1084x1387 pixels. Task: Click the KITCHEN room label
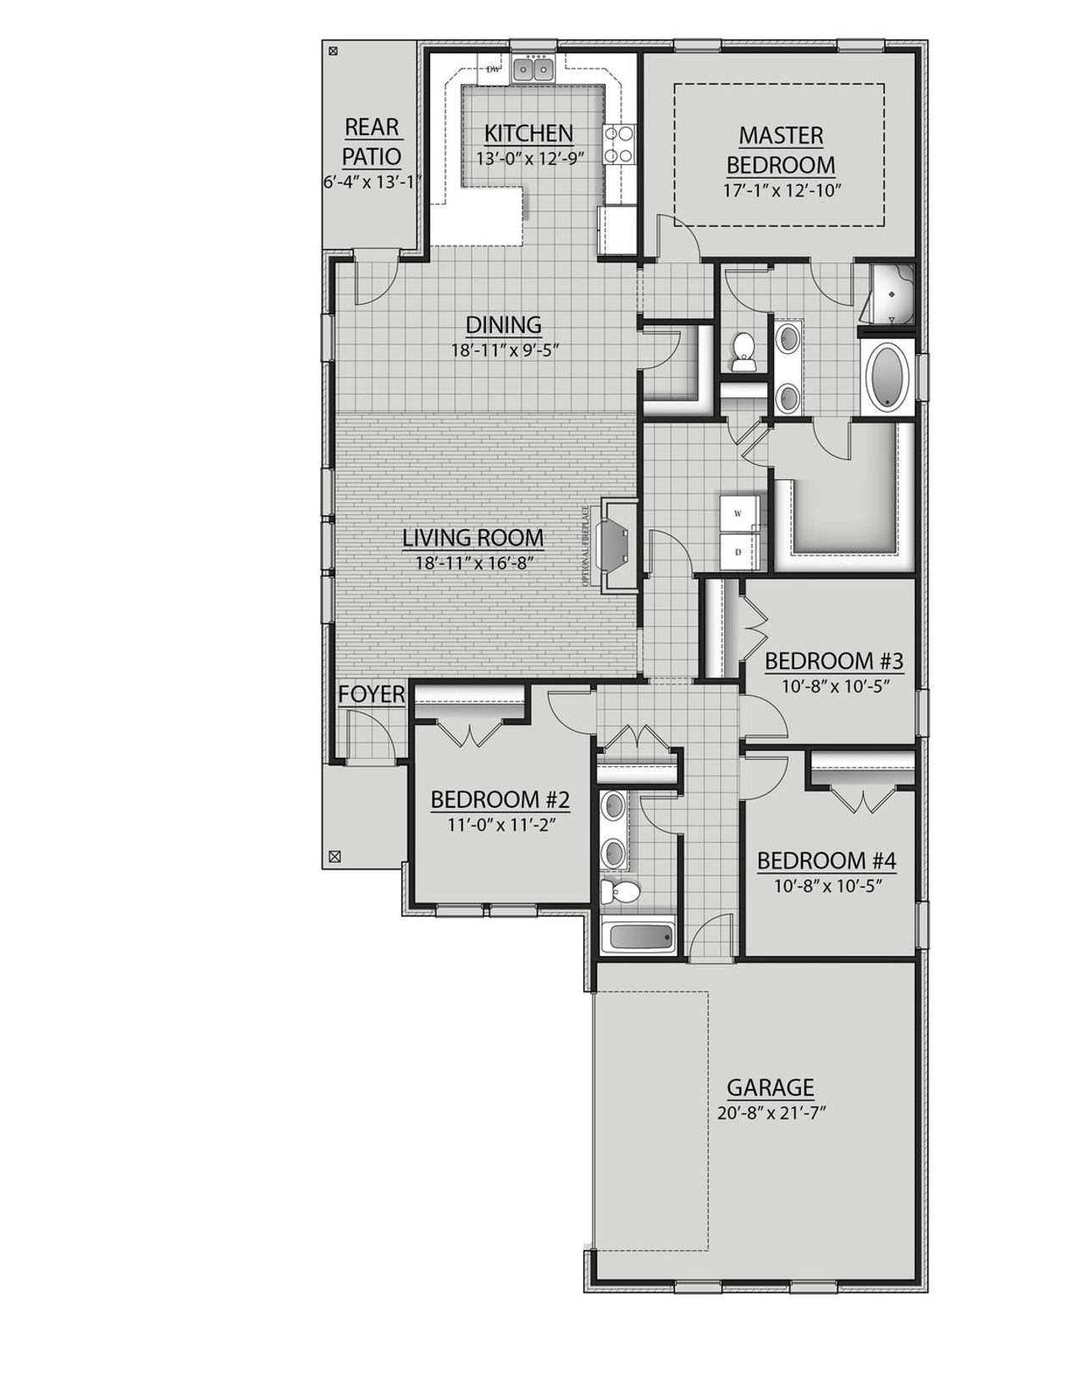coord(528,133)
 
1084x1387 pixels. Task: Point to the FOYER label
coord(371,694)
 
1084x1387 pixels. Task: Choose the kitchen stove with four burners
coord(619,144)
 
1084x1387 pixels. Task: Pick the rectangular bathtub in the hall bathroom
coord(641,936)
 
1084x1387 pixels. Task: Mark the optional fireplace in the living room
coord(617,546)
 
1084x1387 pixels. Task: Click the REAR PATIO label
coord(371,141)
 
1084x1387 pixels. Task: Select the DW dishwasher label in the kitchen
coord(492,69)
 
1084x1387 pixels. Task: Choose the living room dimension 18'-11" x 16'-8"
coord(473,561)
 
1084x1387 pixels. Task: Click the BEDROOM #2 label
coord(500,799)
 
